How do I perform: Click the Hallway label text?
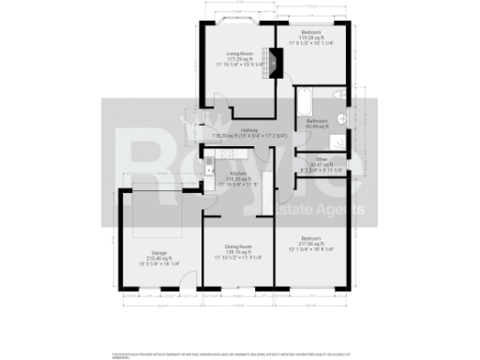[x=248, y=129]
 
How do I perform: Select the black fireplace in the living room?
[x=275, y=63]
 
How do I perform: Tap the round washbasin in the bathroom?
[x=346, y=123]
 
